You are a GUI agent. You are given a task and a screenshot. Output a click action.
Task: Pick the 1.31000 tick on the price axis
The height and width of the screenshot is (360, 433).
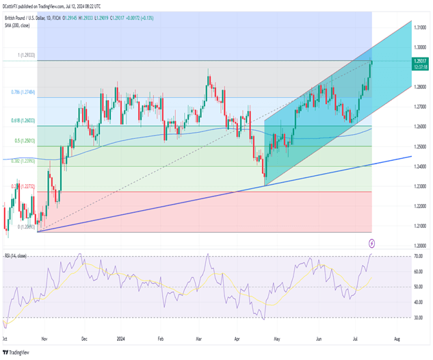[421, 28]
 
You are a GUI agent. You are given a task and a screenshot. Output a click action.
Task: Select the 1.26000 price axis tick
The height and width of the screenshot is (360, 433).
[421, 127]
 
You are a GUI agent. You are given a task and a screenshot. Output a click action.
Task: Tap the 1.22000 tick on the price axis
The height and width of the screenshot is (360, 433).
[421, 205]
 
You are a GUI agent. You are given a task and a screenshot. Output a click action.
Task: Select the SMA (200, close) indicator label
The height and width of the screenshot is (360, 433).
[21, 23]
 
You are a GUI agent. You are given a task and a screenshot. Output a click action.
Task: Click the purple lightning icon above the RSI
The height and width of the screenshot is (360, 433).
[371, 242]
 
